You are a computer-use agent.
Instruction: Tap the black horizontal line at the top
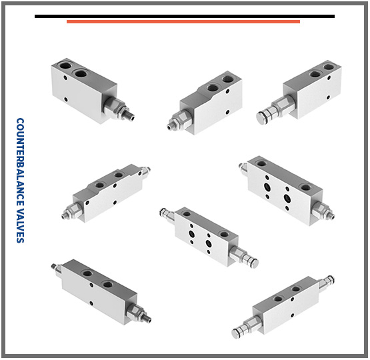185,16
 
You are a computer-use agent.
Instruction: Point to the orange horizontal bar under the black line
183,22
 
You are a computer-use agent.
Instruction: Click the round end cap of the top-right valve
261,117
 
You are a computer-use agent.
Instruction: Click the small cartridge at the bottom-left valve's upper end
57,269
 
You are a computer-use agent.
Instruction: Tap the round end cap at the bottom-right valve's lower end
237,333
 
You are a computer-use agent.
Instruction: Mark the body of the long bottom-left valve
99,293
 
